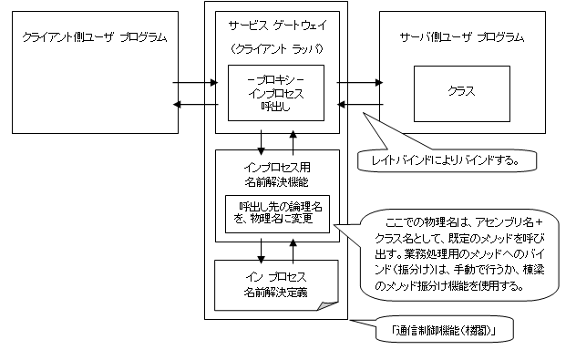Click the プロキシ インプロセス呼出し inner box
coord(275,92)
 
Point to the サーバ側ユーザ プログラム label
coord(462,37)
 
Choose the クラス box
coord(461,92)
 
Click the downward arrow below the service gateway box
coord(262,140)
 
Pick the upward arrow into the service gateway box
coord(293,140)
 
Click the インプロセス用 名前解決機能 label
coord(275,172)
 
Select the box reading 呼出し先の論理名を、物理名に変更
coord(278,213)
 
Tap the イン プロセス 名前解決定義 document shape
coord(275,284)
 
